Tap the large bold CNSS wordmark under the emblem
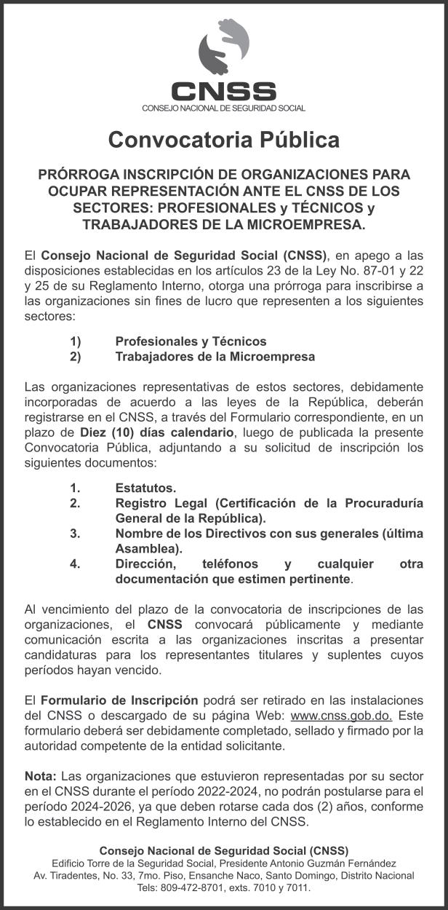coord(224,92)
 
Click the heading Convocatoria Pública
coord(224,139)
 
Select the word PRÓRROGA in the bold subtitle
coord(77,175)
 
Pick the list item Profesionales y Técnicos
coord(191,341)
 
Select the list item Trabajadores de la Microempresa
coord(215,357)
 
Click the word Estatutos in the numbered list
coord(145,488)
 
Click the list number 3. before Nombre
coord(75,534)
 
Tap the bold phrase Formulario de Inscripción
coord(119,700)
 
